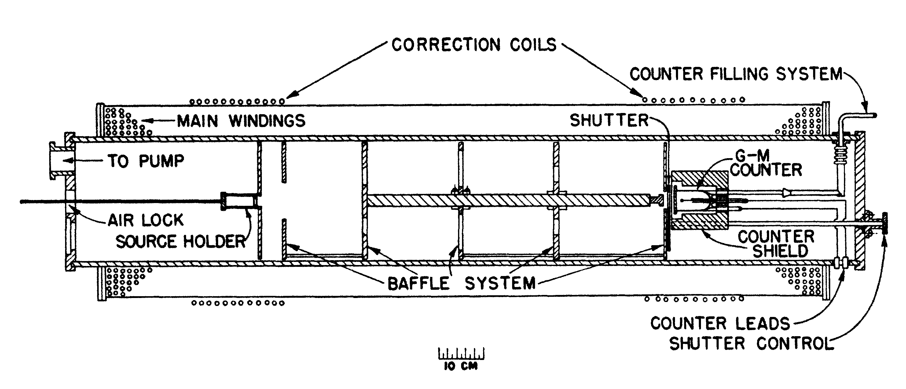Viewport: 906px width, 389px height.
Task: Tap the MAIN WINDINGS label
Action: point(241,121)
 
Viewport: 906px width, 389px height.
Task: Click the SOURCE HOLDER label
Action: point(180,242)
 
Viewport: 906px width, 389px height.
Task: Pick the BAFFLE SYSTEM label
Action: point(461,283)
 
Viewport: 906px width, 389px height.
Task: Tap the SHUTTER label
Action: point(609,121)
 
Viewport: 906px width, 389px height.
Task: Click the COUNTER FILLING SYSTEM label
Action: point(736,75)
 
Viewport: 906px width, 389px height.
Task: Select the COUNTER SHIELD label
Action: point(776,244)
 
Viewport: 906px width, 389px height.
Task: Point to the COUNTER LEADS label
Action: point(720,323)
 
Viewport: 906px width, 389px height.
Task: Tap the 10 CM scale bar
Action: point(461,354)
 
